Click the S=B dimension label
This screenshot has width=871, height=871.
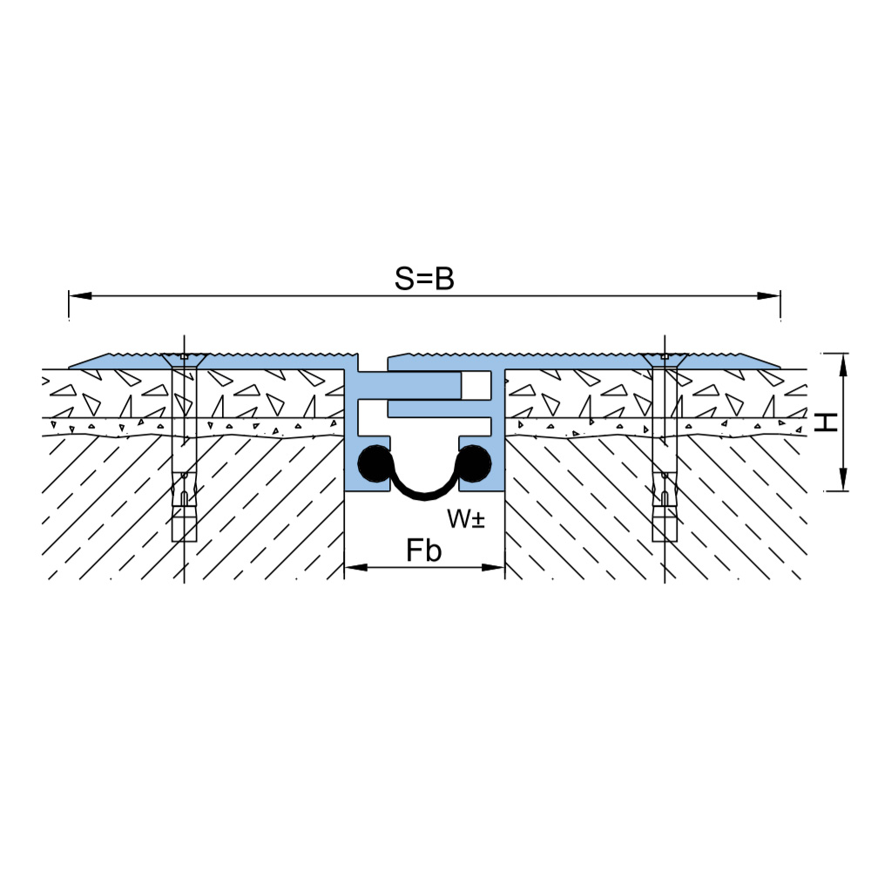[x=424, y=279]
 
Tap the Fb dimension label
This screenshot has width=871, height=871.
[x=424, y=550]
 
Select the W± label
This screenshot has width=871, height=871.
[x=466, y=519]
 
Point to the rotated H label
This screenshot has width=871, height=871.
[x=826, y=422]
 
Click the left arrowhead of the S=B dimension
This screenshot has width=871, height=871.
[x=80, y=295]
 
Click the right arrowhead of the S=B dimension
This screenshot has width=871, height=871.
[x=769, y=295]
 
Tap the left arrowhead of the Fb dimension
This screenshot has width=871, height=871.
[x=356, y=567]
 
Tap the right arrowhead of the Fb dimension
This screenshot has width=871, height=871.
[x=493, y=567]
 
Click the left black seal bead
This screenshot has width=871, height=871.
[x=375, y=463]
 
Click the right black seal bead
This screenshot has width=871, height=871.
[x=473, y=463]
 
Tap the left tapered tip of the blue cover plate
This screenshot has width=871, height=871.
[x=70, y=367]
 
